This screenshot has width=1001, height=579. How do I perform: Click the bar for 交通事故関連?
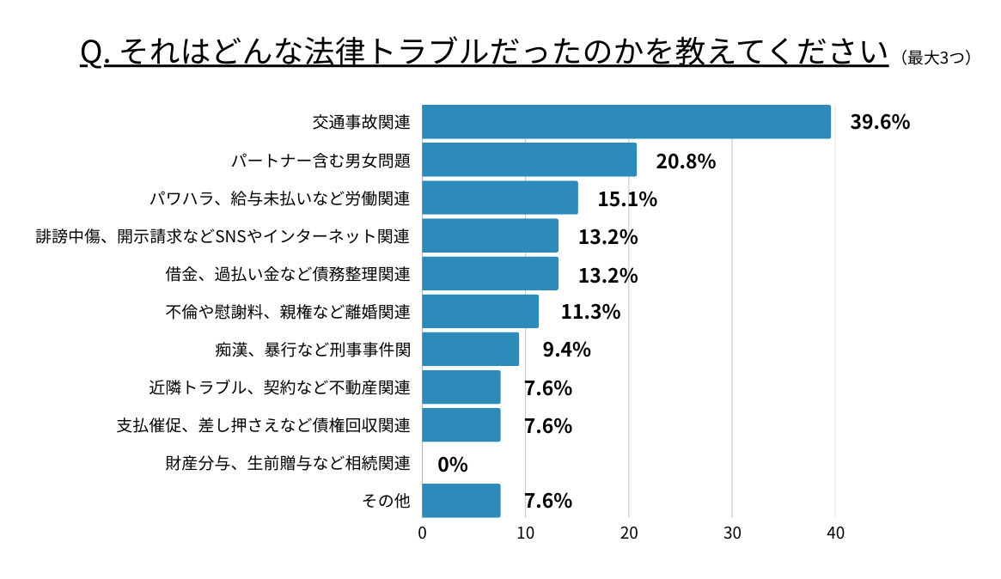[626, 122]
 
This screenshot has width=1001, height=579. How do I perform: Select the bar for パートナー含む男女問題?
[529, 160]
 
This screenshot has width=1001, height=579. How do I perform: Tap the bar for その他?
[461, 501]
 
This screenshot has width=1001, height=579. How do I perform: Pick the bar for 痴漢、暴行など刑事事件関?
[471, 350]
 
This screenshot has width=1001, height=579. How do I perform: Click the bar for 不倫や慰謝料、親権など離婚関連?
[480, 312]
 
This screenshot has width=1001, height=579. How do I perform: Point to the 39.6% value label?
[880, 122]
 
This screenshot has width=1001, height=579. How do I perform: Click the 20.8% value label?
[686, 161]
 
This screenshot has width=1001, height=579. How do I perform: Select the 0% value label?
[453, 465]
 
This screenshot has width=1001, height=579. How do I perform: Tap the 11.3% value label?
[590, 312]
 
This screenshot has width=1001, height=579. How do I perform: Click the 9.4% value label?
[566, 350]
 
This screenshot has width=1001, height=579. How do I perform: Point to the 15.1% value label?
[627, 199]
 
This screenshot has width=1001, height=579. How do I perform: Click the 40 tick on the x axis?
[835, 533]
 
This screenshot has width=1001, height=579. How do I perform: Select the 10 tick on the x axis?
[526, 533]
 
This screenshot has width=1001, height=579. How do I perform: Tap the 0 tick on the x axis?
[423, 533]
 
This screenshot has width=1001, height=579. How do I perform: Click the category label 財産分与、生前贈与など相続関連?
[288, 464]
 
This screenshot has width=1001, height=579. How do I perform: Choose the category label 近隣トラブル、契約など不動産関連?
[280, 387]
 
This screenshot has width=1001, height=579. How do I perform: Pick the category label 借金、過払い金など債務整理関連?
[288, 275]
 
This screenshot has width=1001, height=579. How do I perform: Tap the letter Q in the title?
[90, 53]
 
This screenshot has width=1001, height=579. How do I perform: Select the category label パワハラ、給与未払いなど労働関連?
[280, 199]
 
